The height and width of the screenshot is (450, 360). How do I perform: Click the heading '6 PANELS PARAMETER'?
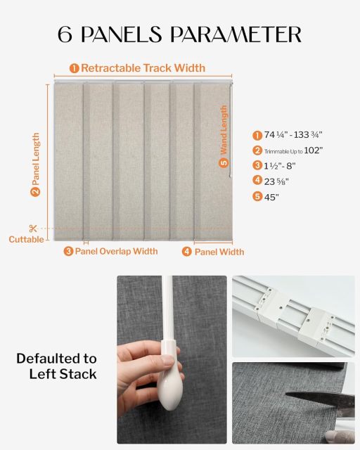(x=180, y=34)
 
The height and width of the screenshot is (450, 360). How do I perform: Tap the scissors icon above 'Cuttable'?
(x=33, y=228)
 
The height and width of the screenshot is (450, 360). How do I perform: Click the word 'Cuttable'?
(x=26, y=240)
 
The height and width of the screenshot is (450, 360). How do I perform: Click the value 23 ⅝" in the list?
(x=276, y=181)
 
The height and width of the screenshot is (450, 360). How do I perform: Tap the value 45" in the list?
(x=271, y=197)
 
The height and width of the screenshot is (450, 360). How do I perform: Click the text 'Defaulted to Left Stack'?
(x=56, y=366)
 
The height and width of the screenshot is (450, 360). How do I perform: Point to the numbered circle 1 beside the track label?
(x=74, y=68)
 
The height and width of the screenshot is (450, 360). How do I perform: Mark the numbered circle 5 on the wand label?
(x=224, y=162)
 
